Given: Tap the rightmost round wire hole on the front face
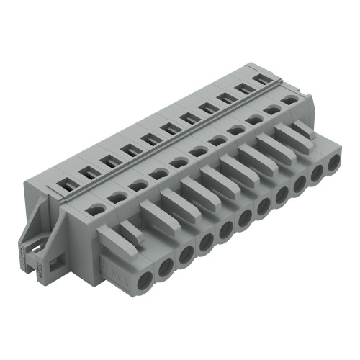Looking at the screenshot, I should pyautogui.click(x=333, y=163).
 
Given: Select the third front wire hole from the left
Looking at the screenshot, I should pyautogui.click(x=186, y=253).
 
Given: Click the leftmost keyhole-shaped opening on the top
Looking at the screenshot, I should pyautogui.click(x=95, y=210).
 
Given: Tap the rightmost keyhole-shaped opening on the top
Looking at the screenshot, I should pyautogui.click(x=289, y=101).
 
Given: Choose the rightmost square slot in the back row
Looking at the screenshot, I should pyautogui.click(x=263, y=78).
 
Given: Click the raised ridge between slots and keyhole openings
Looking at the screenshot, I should pyautogui.click(x=180, y=144).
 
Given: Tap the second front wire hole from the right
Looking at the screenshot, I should pyautogui.click(x=316, y=174).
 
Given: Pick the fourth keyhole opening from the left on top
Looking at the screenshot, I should pyautogui.click(x=158, y=174).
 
